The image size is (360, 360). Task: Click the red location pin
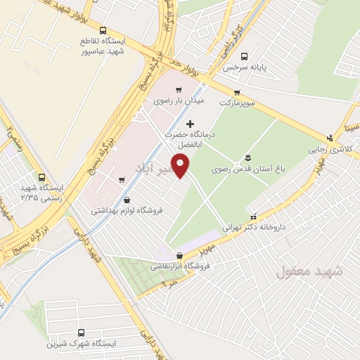pos(182,166)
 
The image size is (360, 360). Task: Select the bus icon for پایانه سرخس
pos(243,56)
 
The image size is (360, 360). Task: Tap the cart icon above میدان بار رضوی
pos(179,89)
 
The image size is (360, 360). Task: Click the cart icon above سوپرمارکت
pos(237,91)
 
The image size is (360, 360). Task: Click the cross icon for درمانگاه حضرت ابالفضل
pos(188,124)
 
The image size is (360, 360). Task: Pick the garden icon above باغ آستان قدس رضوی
pos(248,157)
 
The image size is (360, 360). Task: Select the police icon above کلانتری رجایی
pos(328,138)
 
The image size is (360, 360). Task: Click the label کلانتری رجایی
pos(327,150)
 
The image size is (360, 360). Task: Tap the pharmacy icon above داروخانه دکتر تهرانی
pos(254,216)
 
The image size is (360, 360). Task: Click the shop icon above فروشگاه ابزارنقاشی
pos(179,255)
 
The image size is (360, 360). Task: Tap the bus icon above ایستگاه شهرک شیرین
pos(80,333)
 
